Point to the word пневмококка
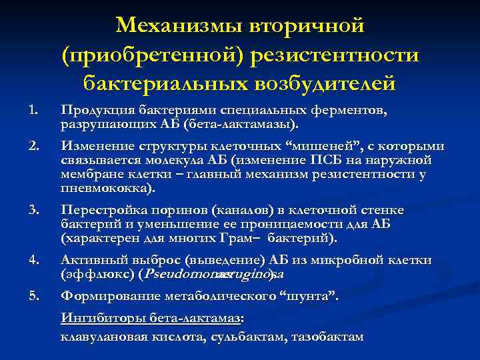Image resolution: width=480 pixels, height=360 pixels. click(106, 189)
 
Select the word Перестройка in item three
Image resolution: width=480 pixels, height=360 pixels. click(98, 210)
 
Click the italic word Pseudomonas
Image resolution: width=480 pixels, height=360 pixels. click(186, 273)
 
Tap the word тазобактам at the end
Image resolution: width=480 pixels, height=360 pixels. click(327, 337)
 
